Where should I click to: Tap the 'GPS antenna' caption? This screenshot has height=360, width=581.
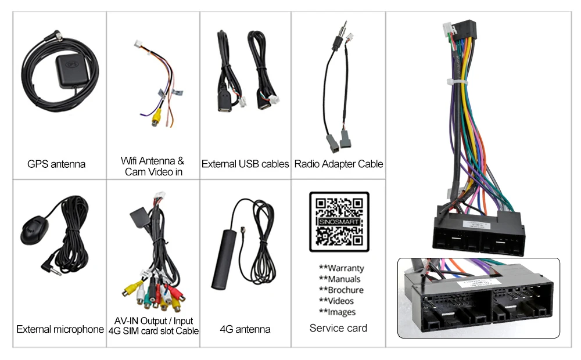pos(56,164)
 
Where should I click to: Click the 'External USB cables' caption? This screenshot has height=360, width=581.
pos(245,164)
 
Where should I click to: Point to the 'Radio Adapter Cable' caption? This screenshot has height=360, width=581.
pos(339,164)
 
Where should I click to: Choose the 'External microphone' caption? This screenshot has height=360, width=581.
pos(60,329)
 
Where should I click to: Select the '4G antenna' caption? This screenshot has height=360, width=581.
pos(245,329)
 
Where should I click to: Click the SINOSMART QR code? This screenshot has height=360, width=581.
pos(339,222)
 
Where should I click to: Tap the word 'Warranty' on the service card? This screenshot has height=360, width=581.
pos(346,268)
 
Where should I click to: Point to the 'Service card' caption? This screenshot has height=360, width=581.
pos(338,328)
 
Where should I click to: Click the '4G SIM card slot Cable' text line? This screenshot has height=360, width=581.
pos(153,331)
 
